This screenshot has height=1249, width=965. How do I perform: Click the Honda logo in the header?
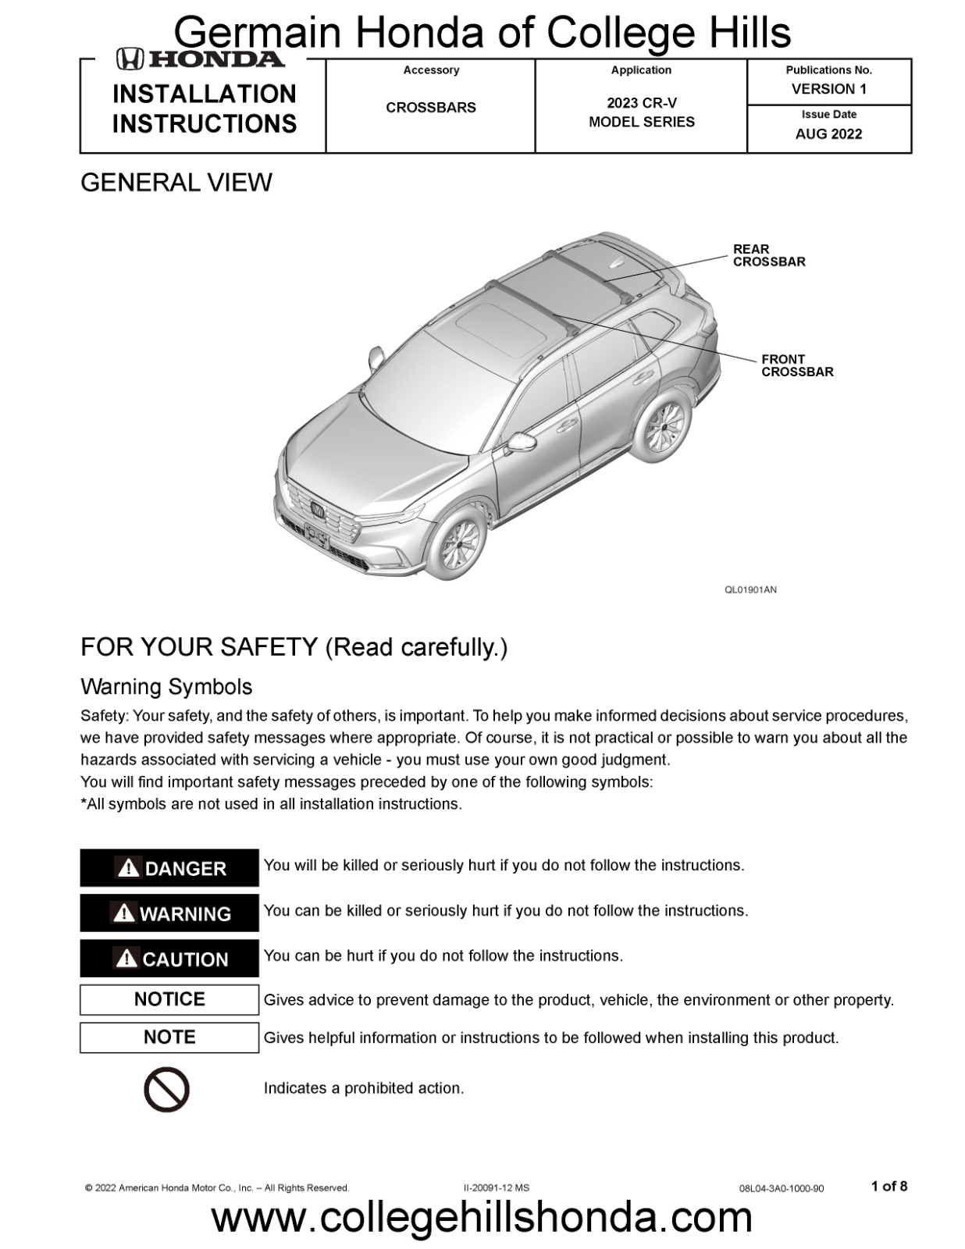tap(201, 59)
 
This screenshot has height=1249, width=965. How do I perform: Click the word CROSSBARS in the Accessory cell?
tap(430, 108)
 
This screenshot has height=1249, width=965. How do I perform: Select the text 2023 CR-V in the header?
tap(641, 103)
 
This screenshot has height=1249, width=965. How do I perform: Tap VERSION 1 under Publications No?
tap(828, 89)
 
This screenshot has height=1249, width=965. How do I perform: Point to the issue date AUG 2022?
tap(828, 134)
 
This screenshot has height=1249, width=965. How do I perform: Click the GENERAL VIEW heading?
tap(176, 183)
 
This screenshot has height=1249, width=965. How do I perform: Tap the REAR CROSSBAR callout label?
tap(768, 256)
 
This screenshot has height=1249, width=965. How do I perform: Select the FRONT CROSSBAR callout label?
tap(797, 366)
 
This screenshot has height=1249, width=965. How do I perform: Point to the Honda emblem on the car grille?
tap(318, 509)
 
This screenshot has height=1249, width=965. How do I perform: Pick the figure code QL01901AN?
tap(750, 590)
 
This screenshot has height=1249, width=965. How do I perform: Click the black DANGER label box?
tap(169, 868)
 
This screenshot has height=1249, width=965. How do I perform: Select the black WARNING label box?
tap(169, 913)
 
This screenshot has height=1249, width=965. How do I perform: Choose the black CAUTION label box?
tap(169, 959)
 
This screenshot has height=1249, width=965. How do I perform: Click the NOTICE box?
tap(169, 999)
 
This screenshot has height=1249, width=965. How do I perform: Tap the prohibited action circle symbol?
tap(166, 1090)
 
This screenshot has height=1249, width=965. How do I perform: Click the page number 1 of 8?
tap(889, 1187)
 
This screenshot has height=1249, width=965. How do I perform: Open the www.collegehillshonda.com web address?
tap(482, 1219)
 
